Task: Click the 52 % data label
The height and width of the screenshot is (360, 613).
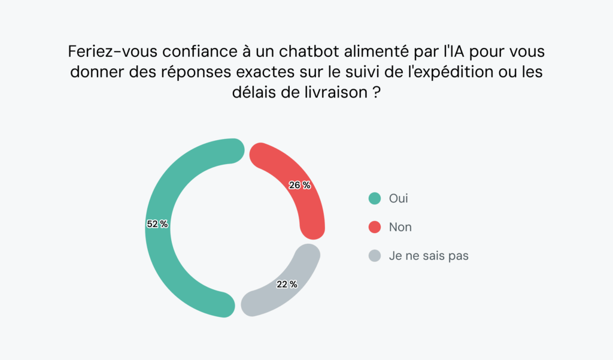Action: pos(157,224)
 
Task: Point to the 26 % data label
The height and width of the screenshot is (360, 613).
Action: pos(299,185)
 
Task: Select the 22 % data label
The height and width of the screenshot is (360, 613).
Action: pos(287,285)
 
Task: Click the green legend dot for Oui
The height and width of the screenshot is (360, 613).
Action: pos(375,198)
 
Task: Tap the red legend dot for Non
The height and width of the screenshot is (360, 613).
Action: pos(375,227)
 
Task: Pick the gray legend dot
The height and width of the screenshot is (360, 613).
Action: pos(375,256)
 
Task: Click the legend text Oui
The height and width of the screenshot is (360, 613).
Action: pos(398,198)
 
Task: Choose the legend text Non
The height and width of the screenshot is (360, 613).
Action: pos(400,227)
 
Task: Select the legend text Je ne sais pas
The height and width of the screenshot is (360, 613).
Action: pos(428,256)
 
